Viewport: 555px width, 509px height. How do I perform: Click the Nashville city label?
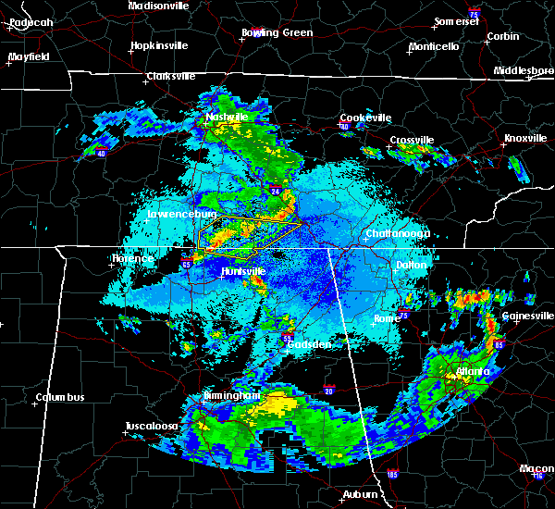coord(228,118)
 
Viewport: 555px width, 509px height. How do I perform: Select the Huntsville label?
coord(243,271)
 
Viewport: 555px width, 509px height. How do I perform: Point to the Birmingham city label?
coord(230,395)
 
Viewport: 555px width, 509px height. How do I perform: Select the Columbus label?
coord(60,398)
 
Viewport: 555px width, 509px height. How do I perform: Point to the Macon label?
coord(536,468)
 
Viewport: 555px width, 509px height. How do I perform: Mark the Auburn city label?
coord(359,495)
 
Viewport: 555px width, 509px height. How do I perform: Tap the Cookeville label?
coord(366,118)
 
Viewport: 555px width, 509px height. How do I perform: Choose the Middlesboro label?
coord(523,70)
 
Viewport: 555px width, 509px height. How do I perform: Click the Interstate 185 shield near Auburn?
coord(393,475)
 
